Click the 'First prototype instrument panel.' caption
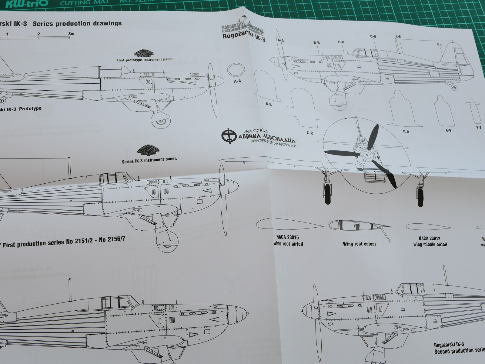145,60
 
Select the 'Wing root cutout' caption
359,244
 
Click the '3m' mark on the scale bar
71,34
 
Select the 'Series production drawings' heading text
79,23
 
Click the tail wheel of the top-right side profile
453,88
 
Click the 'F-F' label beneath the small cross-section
479,128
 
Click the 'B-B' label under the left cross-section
269,104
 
